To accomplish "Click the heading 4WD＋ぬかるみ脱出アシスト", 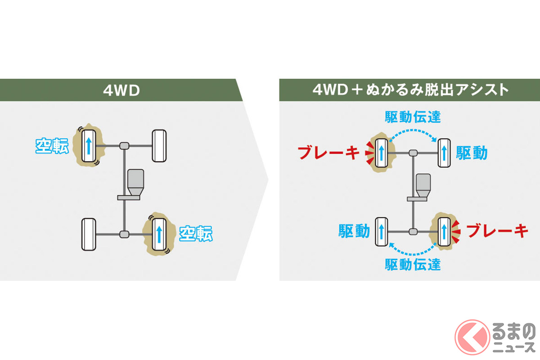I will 411,90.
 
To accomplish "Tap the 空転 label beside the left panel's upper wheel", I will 52,146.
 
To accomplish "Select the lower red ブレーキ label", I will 496,231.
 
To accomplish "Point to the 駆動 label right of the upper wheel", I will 472,153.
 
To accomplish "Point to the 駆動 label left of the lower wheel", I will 354,231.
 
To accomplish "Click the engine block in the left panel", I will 135,182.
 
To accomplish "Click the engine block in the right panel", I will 423,184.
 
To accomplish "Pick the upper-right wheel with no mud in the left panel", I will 160,146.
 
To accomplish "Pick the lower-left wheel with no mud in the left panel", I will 88,234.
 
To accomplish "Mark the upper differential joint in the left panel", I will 125,146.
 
